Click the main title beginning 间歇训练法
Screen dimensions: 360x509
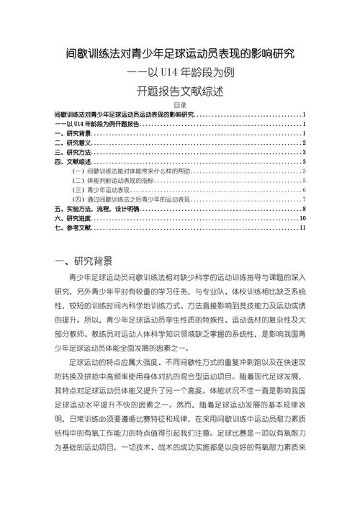180,53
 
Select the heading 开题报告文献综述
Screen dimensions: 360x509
180,91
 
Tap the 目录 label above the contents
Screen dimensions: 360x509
180,105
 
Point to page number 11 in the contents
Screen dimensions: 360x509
304,228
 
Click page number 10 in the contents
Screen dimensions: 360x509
304,217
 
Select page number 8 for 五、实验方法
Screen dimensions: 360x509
305,208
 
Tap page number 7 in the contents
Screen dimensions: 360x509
305,199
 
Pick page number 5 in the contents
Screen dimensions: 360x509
305,180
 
